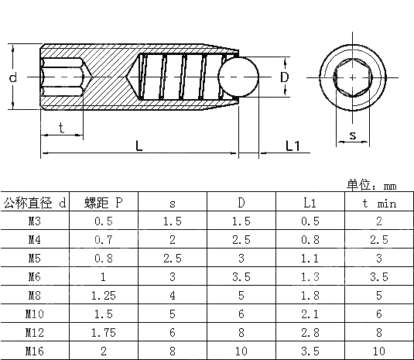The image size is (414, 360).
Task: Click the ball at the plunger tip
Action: [x=238, y=78]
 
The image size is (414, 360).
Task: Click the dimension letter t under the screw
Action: [x=61, y=129]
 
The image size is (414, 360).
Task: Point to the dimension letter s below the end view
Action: [x=353, y=136]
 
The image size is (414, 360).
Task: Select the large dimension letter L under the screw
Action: [x=138, y=145]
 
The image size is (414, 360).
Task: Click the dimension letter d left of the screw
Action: [x=13, y=78]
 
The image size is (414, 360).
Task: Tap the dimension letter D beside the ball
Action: [x=284, y=77]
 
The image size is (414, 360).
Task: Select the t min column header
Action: [x=379, y=203]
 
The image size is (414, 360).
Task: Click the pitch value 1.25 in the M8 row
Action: [x=104, y=296]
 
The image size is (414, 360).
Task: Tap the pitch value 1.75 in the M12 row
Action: [x=104, y=332]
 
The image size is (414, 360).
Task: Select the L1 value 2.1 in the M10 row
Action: [x=310, y=314]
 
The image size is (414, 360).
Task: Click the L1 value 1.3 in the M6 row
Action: [x=310, y=277]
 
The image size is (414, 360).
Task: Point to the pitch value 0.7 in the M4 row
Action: [x=104, y=240]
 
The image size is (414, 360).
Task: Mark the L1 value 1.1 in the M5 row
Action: [x=310, y=259]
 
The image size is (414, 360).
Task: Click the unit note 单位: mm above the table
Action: [x=371, y=185]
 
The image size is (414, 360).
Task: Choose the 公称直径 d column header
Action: [x=35, y=203]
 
